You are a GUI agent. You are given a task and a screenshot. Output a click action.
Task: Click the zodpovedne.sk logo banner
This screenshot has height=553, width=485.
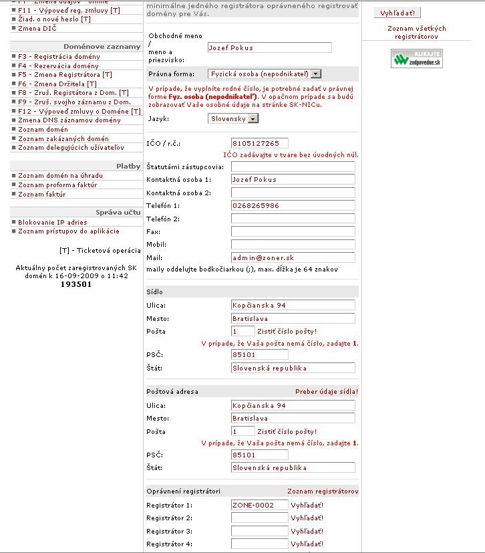(416, 58)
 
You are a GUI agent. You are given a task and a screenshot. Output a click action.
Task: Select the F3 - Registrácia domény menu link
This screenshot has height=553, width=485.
(59, 57)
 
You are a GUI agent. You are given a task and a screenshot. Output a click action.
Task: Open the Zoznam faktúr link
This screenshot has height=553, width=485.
(41, 195)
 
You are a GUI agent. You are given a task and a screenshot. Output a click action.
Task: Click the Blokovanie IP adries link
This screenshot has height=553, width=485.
(52, 222)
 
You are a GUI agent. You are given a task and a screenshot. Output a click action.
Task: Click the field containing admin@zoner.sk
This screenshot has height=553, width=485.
(293, 257)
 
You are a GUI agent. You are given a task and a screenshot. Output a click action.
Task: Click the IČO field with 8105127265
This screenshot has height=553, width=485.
(259, 143)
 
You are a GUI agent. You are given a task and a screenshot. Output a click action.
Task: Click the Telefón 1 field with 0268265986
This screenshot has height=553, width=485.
(293, 205)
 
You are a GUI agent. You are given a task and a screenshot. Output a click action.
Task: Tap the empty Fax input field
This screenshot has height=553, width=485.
(293, 231)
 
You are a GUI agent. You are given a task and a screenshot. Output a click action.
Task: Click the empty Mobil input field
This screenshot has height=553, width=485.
(293, 245)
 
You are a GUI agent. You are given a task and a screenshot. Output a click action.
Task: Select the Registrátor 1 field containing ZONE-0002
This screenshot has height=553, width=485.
(259, 505)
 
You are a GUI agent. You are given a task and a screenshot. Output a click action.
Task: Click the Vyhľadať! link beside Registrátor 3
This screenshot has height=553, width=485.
(307, 531)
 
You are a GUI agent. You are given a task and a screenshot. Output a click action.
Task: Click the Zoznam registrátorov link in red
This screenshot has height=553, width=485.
(323, 491)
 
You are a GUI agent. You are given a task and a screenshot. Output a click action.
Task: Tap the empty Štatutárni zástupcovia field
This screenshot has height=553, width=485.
(293, 167)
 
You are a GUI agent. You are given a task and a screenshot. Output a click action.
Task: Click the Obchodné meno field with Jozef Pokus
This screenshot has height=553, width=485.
(269, 47)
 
